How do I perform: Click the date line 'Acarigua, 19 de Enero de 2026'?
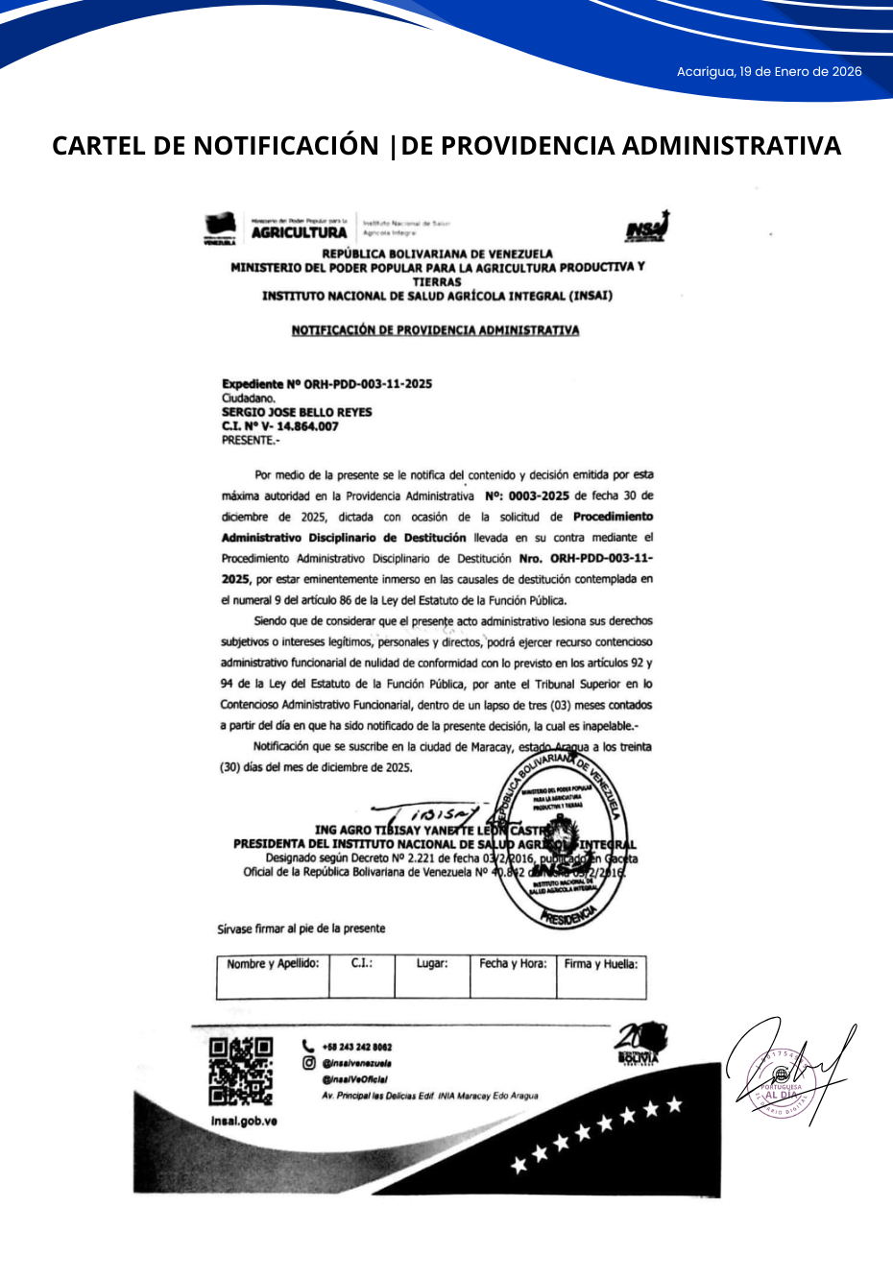[768, 72]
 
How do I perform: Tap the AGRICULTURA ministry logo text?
[299, 232]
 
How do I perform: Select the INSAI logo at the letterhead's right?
[647, 228]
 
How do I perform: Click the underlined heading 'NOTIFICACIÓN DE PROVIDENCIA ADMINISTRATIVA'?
[435, 330]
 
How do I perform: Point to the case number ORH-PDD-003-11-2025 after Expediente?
[368, 384]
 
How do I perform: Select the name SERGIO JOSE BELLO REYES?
[297, 412]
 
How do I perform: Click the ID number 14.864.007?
[307, 426]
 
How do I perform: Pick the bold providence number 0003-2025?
[539, 496]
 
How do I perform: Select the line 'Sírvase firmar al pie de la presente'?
[301, 929]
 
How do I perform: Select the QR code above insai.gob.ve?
[241, 1071]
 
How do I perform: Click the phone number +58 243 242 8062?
[356, 1047]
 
